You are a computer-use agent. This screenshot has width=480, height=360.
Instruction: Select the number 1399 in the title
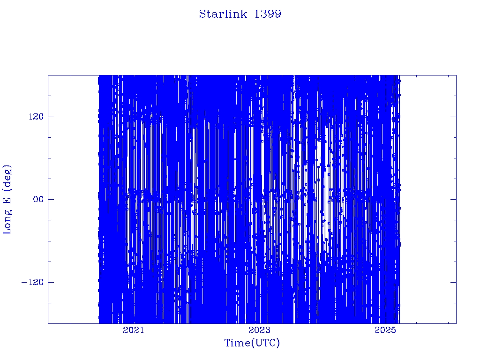(x=268, y=14)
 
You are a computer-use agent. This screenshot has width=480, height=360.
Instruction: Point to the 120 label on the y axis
(x=36, y=117)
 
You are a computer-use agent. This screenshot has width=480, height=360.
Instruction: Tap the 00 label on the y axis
(x=38, y=199)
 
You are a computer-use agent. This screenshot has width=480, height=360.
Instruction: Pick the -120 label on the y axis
(x=32, y=282)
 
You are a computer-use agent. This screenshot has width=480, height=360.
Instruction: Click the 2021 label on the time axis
(x=134, y=330)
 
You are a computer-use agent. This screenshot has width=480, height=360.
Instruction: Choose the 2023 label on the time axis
(x=260, y=330)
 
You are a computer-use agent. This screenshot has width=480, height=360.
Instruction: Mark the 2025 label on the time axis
(x=385, y=330)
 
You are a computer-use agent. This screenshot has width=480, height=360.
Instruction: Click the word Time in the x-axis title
(x=238, y=343)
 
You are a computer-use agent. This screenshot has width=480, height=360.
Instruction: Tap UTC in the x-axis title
(x=265, y=343)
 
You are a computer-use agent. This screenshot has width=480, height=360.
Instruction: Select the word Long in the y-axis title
(x=7, y=221)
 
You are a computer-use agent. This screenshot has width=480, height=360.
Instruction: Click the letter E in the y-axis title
(x=7, y=200)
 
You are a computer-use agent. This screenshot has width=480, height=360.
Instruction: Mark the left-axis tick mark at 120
(x=51, y=117)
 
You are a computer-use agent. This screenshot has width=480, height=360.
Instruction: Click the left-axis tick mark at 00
(x=51, y=199)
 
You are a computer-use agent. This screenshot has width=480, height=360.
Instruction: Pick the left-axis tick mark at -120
(x=51, y=282)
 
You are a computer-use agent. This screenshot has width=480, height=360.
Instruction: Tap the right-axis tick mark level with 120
(x=454, y=117)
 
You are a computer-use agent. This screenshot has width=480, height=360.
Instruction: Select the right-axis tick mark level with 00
(x=454, y=199)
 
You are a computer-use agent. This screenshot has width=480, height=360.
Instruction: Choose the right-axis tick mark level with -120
(x=454, y=282)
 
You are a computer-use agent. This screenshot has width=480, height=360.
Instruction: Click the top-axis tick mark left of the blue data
(x=71, y=76)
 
